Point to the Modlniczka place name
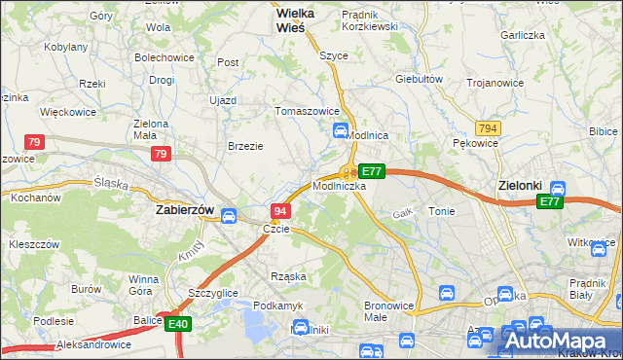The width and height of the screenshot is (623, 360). (339, 185)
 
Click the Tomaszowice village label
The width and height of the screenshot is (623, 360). (308, 110)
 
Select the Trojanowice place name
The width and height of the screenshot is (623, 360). (495, 83)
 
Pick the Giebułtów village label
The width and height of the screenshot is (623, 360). (420, 79)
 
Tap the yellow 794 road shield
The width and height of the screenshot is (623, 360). (488, 128)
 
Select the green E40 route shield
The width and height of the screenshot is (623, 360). (176, 324)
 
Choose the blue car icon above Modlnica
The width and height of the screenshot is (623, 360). (341, 130)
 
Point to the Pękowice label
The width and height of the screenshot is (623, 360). (476, 143)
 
